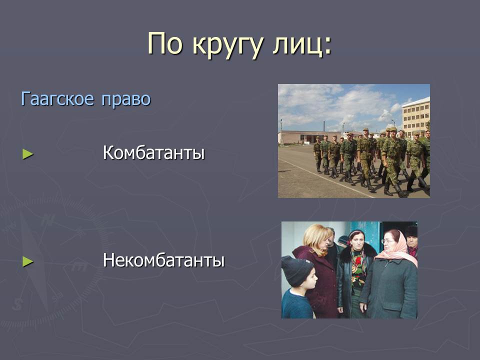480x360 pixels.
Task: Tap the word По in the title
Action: click(x=165, y=43)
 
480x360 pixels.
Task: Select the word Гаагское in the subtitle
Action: click(x=57, y=99)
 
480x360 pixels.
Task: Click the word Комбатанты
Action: click(x=153, y=152)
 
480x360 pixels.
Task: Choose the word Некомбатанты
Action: click(x=164, y=260)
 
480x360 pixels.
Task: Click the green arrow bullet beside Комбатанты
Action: click(x=28, y=154)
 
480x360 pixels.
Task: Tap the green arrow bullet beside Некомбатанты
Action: click(x=28, y=261)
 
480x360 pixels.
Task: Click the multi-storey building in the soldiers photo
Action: click(x=415, y=115)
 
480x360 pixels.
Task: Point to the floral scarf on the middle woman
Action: click(x=358, y=269)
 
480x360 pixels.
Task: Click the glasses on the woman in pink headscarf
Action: click(x=386, y=241)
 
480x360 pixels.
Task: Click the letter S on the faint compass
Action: click(x=18, y=304)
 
